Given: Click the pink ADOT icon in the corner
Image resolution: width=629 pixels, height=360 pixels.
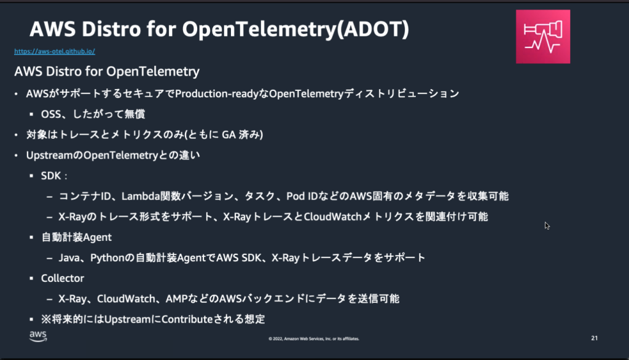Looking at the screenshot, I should tap(543, 37).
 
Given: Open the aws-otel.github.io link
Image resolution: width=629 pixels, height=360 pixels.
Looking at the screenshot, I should tap(55, 52).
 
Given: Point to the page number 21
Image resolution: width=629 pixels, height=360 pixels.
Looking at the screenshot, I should tap(594, 338).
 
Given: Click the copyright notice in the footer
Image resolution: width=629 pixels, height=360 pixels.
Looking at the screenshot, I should tap(314, 338).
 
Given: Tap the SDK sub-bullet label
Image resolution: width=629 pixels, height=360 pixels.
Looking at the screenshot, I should tap(52, 176).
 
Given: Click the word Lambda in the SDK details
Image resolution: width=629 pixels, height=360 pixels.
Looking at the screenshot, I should tap(139, 197).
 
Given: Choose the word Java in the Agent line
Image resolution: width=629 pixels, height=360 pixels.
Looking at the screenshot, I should tap(69, 257).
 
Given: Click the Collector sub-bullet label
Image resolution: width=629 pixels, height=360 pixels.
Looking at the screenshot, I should tap(63, 278).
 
